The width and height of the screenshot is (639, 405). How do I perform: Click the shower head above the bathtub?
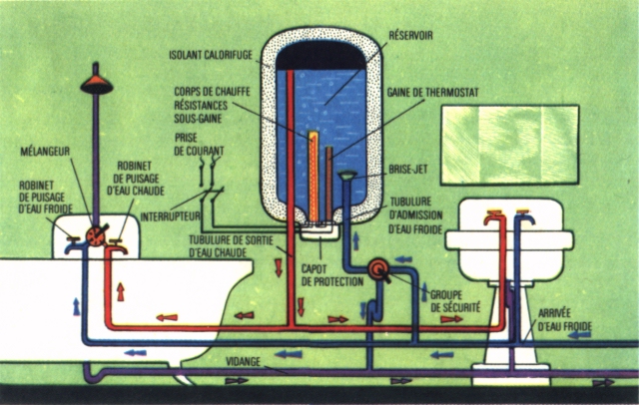[x=96, y=85]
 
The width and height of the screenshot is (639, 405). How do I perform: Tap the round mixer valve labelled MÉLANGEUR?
[x=96, y=236]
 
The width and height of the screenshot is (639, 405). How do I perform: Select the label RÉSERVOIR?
[x=410, y=35]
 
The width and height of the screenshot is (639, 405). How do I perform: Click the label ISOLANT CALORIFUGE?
[x=211, y=55]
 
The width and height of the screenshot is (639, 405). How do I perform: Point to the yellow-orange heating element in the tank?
[x=314, y=177]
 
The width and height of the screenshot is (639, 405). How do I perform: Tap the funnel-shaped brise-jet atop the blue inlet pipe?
[x=347, y=176]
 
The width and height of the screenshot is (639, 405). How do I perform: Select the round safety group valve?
[x=378, y=268]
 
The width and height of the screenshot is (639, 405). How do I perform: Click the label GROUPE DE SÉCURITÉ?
[x=455, y=301]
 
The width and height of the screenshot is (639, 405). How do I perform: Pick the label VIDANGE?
[x=243, y=361]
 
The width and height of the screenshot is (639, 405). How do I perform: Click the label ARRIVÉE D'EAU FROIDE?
[x=565, y=320]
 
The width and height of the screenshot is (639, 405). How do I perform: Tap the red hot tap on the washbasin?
[x=493, y=217]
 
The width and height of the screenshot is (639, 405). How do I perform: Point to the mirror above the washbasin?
[x=510, y=145]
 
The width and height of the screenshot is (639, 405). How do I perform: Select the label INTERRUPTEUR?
[x=171, y=216]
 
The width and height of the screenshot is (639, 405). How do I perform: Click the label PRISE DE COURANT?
[x=199, y=144]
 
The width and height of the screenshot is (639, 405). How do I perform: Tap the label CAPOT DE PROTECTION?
[x=332, y=275]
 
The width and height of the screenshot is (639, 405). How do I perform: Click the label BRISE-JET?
[x=408, y=170]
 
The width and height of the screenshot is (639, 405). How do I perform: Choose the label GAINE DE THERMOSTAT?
[x=432, y=93]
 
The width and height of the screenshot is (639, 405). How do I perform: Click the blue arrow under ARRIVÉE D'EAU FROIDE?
[x=579, y=335]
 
